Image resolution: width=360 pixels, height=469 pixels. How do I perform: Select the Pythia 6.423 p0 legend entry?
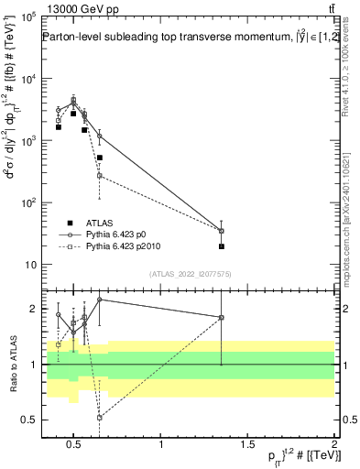pyautogui.click(x=123, y=235)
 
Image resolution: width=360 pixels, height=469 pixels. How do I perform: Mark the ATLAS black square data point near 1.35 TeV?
pyautogui.click(x=222, y=246)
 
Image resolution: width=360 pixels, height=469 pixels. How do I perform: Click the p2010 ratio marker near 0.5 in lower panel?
pyautogui.click(x=99, y=418)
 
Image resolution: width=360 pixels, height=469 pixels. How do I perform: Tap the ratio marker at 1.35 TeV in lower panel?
pyautogui.click(x=222, y=317)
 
